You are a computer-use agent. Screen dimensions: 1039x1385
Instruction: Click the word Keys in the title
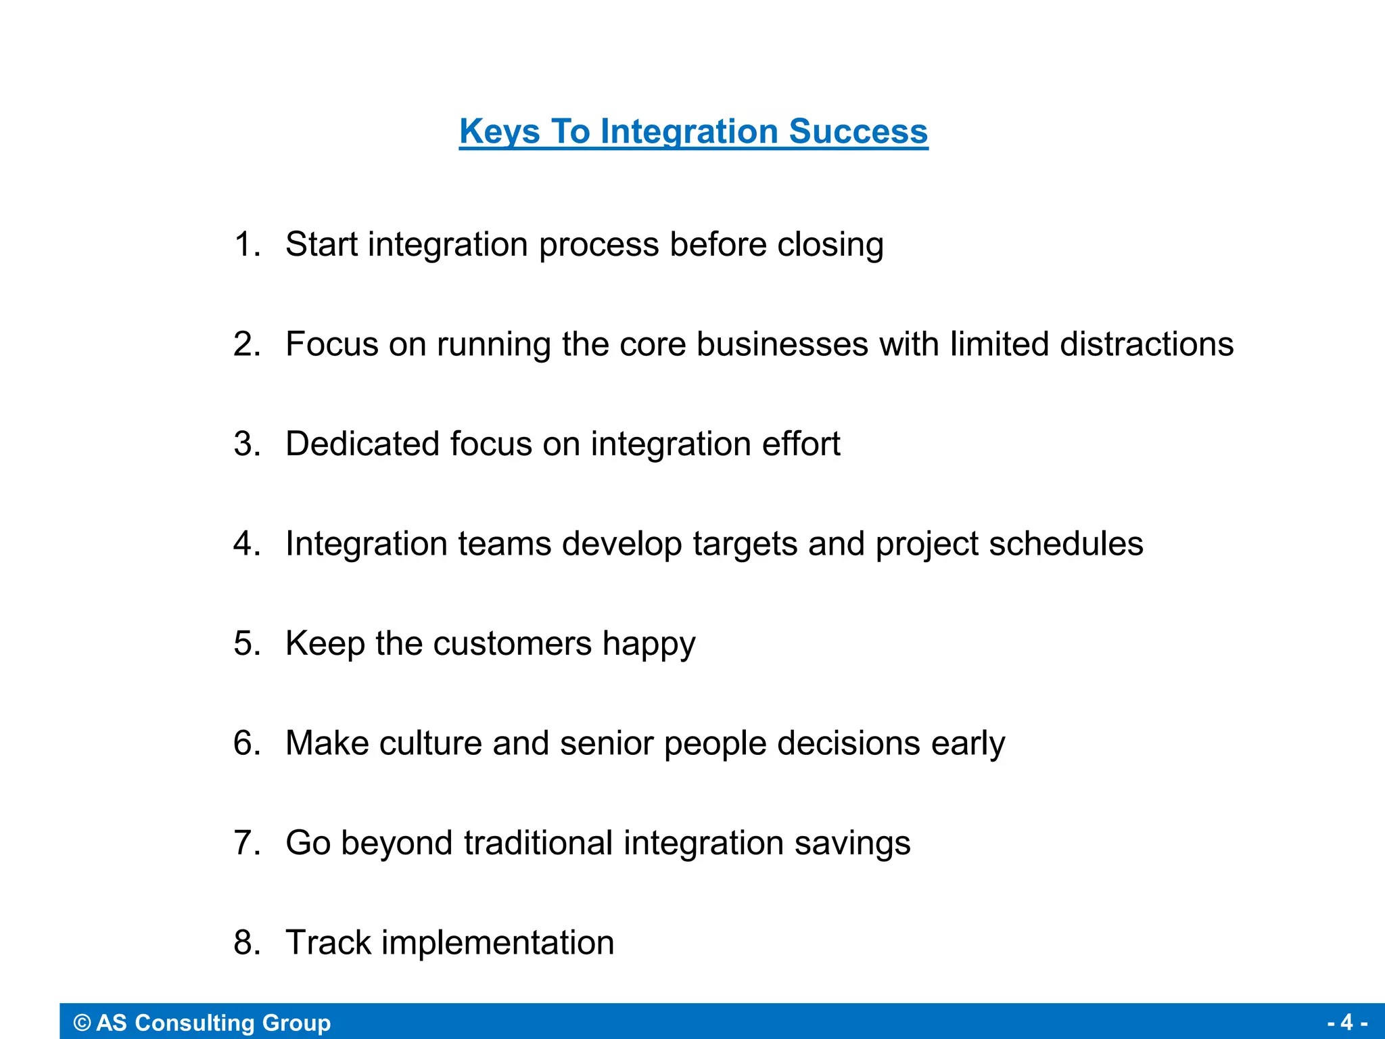coord(499,131)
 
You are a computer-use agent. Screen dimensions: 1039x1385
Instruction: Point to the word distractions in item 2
coord(1146,344)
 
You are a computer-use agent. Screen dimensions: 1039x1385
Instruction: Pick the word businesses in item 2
coord(782,344)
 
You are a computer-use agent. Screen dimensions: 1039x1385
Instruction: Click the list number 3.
coord(245,444)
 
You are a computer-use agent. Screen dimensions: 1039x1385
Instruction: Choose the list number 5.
coord(245,643)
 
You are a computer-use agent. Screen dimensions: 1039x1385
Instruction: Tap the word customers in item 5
coord(513,643)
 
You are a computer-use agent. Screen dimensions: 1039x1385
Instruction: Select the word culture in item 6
coord(431,743)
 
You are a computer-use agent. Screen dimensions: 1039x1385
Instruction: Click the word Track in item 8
coord(328,942)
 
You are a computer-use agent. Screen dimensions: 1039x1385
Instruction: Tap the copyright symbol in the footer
coord(82,1023)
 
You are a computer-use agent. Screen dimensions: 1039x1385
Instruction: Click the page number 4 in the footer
coord(1346,1022)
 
